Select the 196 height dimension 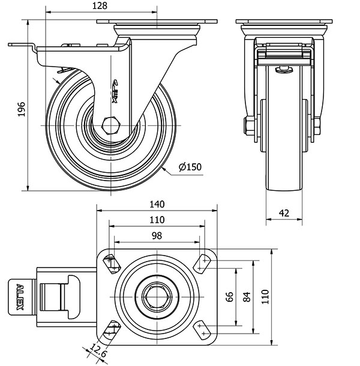21,109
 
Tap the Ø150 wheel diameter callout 190,167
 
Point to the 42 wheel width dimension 284,213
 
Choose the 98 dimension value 157,236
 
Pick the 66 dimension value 229,297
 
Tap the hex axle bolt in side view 111,126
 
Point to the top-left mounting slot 112,262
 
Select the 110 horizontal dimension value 157,220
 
